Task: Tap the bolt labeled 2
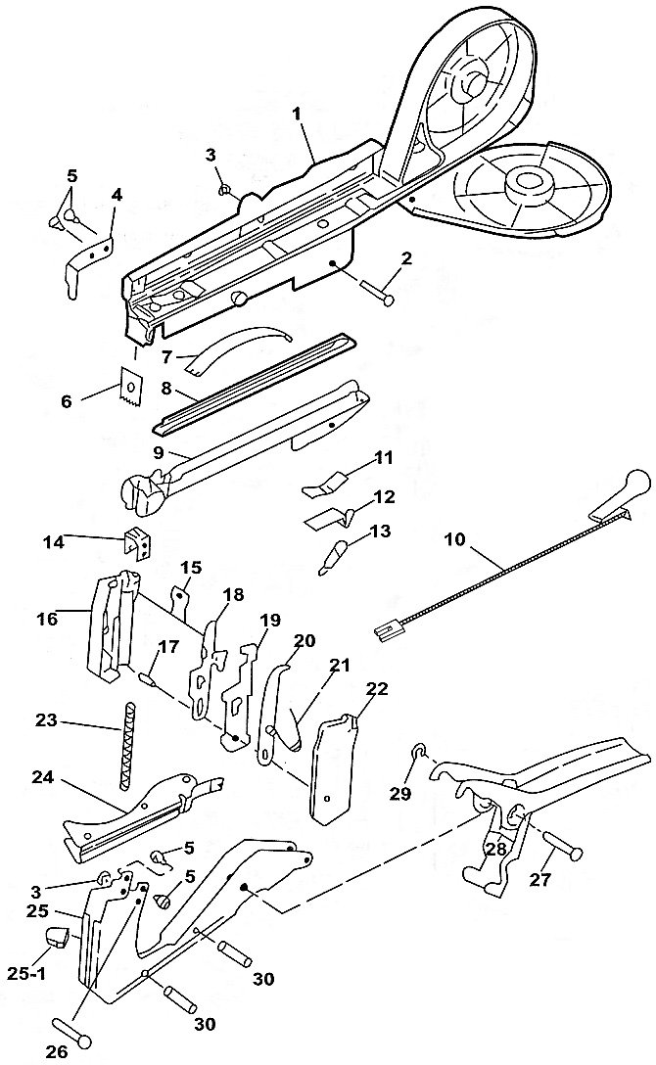coord(378,292)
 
